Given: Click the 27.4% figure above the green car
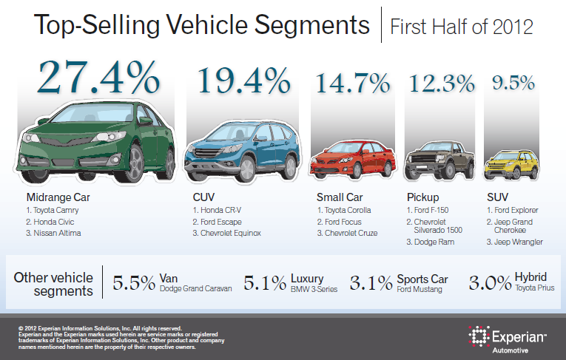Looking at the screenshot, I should tap(98, 75).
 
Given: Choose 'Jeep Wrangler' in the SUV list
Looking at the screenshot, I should tap(517, 242).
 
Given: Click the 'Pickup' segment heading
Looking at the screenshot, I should tap(424, 197).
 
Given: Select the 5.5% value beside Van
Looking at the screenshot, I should tap(134, 282).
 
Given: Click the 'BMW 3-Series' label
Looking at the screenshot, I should tap(311, 289).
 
